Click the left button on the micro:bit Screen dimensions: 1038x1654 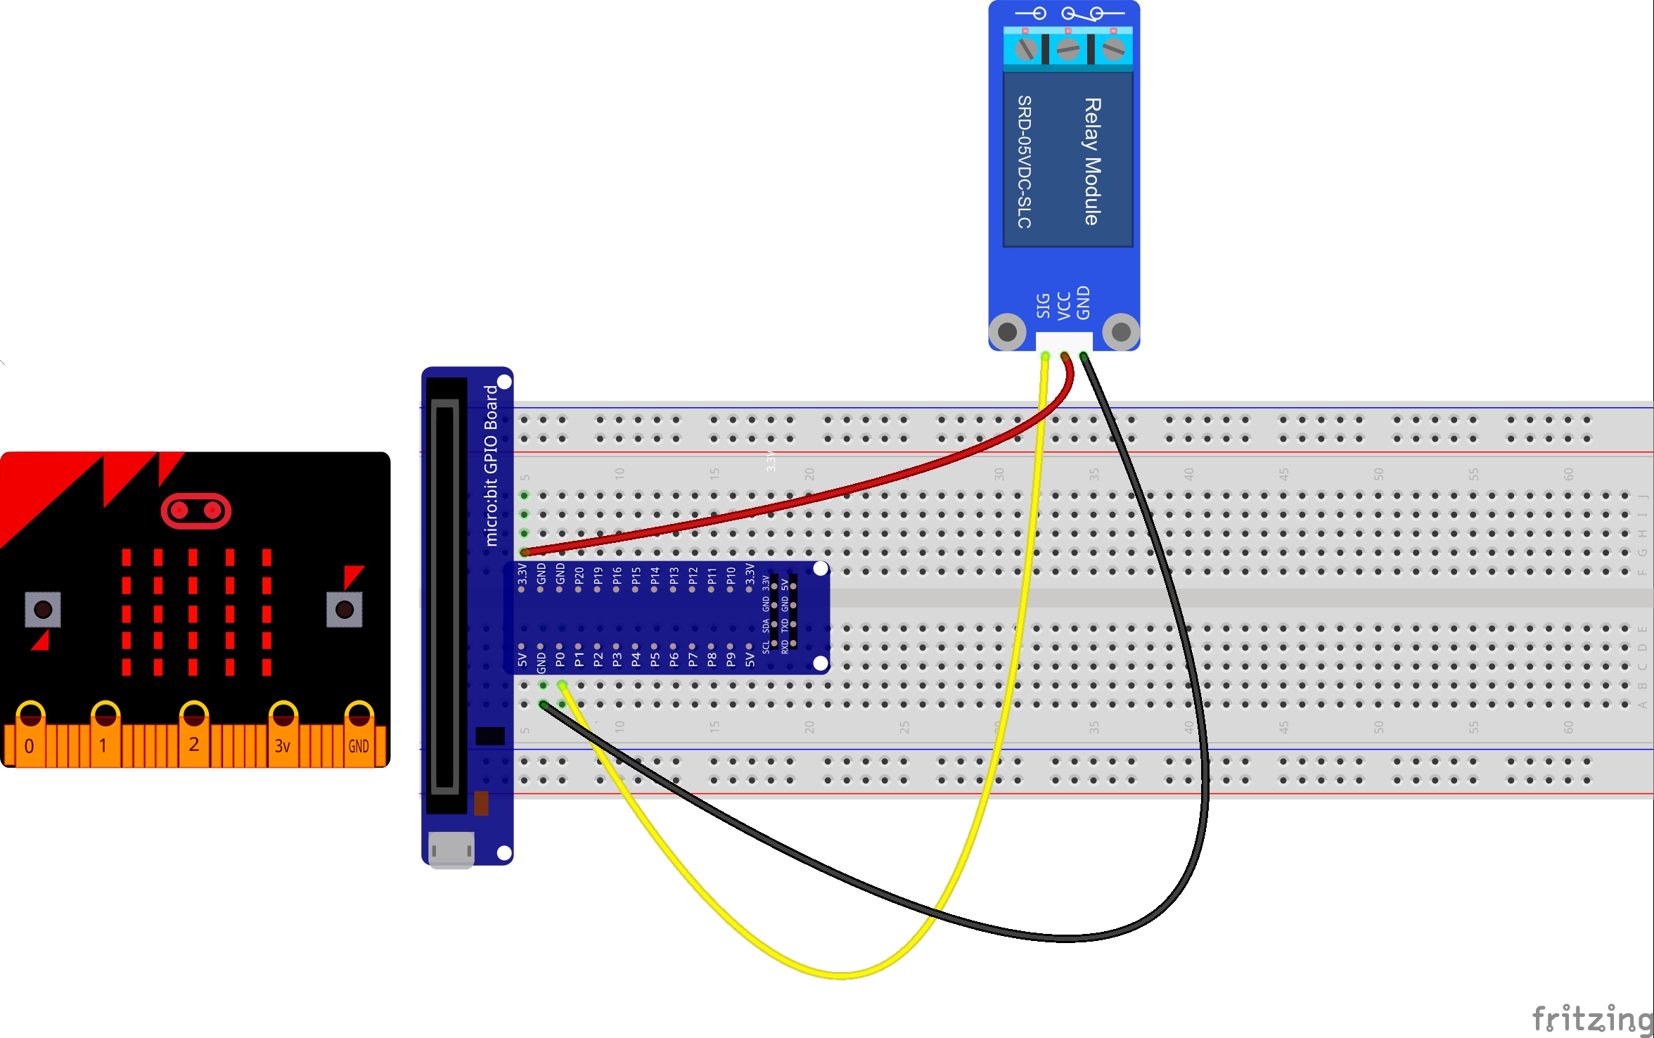43,609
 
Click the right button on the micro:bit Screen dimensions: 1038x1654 345,609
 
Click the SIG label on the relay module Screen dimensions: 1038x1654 1044,306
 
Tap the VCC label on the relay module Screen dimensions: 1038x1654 1064,306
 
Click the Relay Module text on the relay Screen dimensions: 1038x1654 1092,161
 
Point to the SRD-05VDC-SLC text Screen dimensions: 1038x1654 1025,162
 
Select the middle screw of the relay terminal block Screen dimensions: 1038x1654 1068,49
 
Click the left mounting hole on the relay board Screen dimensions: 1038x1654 1008,331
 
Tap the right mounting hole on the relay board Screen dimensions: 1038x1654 1121,331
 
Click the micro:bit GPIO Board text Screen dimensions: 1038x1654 491,465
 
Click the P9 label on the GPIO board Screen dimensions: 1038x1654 731,660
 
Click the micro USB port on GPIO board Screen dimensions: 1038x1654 451,848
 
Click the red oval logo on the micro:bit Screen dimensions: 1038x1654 196,511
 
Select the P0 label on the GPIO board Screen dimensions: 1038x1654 560,660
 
